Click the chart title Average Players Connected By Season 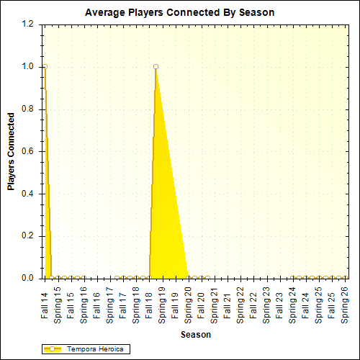click(179, 12)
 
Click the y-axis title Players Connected click(12, 151)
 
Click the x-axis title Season click(196, 334)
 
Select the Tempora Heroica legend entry click(86, 349)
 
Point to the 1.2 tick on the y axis click(27, 24)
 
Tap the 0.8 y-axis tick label click(27, 109)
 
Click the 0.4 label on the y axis click(27, 194)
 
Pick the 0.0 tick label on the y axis click(27, 278)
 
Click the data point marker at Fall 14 click(45, 67)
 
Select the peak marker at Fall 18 click(156, 67)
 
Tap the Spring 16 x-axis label click(84, 302)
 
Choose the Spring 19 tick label click(162, 302)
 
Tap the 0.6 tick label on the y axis click(27, 151)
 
